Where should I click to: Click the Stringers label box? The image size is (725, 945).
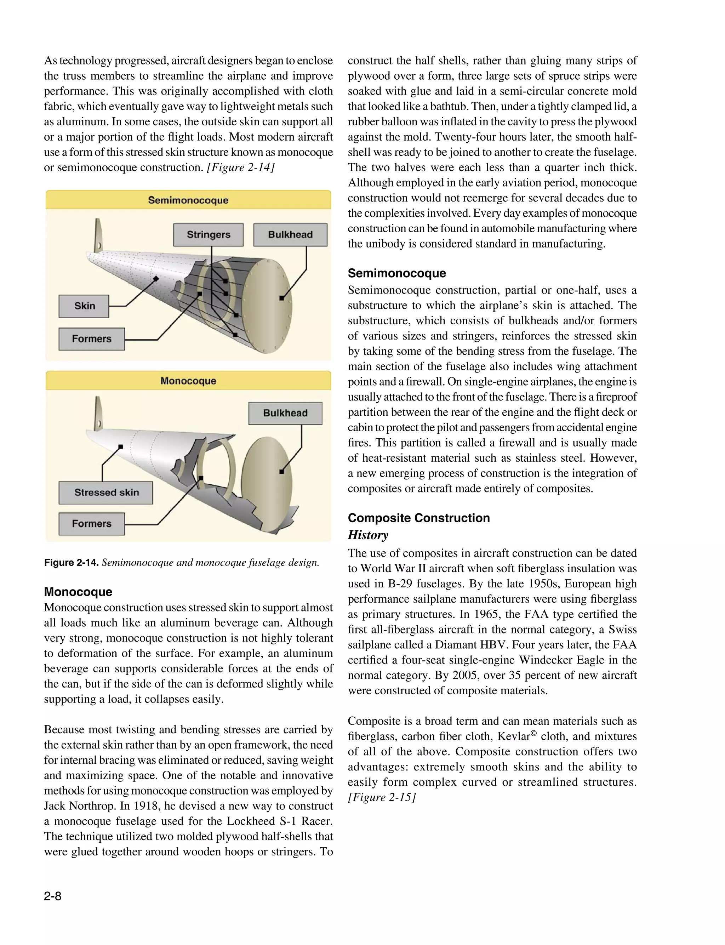pos(208,235)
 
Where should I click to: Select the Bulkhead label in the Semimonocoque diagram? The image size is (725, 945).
pos(290,235)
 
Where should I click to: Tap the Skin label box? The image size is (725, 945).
pos(84,306)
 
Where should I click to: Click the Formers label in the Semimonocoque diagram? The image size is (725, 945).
pos(91,339)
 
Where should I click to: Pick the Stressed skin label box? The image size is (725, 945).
pos(106,493)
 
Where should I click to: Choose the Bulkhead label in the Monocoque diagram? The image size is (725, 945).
pos(285,413)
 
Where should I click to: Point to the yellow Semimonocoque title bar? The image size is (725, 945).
pos(188,200)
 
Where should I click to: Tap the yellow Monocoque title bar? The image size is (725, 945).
pos(188,381)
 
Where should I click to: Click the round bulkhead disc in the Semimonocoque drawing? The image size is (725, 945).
pos(270,306)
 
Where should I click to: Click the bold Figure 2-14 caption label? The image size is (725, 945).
pos(71,563)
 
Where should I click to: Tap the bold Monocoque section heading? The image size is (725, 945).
pos(78,592)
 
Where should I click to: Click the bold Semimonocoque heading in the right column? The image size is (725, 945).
pos(396,273)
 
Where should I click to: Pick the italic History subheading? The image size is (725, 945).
pos(368,535)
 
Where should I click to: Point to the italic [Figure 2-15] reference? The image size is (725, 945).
pos(382,797)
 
